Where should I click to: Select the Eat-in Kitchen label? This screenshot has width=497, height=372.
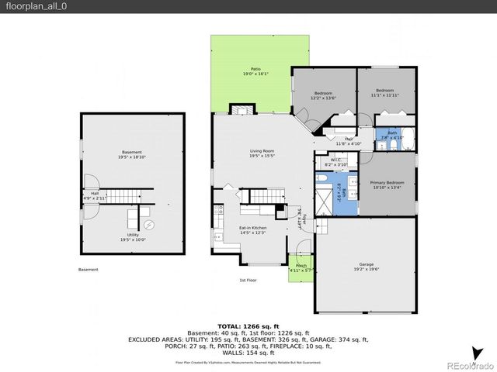click(x=252, y=230)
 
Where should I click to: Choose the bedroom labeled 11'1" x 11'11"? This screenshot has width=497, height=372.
click(x=385, y=92)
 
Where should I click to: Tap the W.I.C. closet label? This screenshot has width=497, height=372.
click(x=332, y=163)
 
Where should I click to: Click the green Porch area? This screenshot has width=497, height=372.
click(x=300, y=269)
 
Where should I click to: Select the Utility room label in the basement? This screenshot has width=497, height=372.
click(x=133, y=237)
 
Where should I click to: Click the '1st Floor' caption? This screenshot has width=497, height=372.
click(x=248, y=280)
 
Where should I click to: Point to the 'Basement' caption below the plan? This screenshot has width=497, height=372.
click(x=89, y=270)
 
